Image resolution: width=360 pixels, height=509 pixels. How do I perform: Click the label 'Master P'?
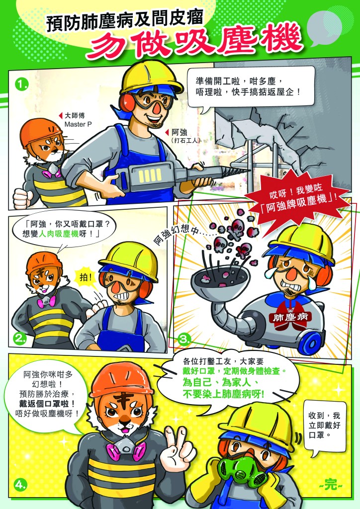click(x=78, y=124)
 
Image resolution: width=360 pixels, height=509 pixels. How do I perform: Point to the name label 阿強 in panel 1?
click(x=180, y=132)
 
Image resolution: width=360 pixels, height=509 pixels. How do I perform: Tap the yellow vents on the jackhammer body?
click(x=150, y=175)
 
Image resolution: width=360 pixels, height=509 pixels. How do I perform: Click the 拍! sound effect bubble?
click(x=86, y=278)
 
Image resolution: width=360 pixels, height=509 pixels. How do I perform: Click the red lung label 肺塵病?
click(x=290, y=317)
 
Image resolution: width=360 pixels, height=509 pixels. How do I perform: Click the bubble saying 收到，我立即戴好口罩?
click(x=324, y=425)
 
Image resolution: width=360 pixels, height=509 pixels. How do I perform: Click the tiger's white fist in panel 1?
click(x=23, y=198)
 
